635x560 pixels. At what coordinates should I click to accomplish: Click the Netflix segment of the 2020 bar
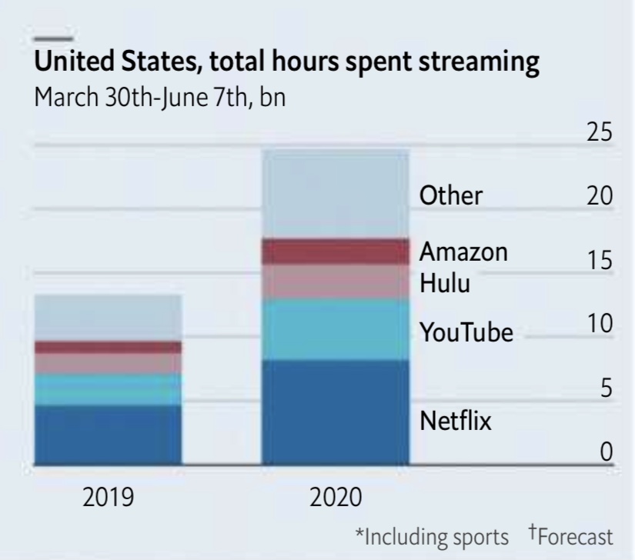(336, 412)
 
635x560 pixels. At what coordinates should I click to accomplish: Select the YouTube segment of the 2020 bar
(336, 329)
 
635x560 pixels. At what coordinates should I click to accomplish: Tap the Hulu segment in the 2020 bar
(336, 282)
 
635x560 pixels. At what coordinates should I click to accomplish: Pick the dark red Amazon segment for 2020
(336, 252)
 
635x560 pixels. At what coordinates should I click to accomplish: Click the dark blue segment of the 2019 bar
(108, 435)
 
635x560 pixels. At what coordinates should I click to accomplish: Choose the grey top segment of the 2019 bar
(108, 318)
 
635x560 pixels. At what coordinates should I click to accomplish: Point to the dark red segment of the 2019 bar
(108, 347)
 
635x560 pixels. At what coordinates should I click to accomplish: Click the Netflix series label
(455, 422)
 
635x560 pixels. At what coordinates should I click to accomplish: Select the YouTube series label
(466, 333)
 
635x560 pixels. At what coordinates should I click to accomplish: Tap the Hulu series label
(444, 284)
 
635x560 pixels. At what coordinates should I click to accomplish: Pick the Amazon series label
(463, 252)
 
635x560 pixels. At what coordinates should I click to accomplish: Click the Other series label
(450, 195)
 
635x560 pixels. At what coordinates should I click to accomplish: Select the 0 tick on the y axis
(607, 452)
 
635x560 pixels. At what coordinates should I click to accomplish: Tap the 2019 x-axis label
(108, 498)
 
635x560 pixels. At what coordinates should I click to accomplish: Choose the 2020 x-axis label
(336, 498)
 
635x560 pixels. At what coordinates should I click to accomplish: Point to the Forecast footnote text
(575, 536)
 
